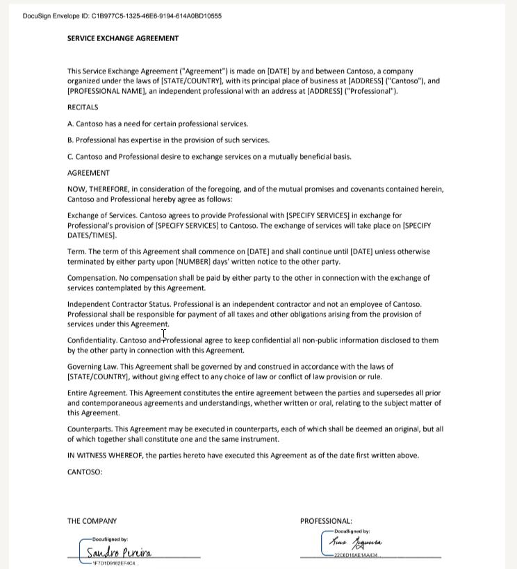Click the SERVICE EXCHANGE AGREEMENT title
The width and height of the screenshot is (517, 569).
coord(123,38)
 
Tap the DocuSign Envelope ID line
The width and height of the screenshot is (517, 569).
coord(122,16)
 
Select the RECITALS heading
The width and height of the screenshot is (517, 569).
coord(83,107)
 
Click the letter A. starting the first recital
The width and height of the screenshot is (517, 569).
coord(70,124)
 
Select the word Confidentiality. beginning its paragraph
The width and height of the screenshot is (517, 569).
coord(92,340)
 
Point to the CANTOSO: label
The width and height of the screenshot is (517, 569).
coord(85,472)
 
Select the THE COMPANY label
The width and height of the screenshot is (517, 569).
coord(92,520)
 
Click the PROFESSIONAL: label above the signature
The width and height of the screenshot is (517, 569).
coord(326,520)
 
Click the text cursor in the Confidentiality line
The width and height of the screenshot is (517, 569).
coord(164,336)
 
